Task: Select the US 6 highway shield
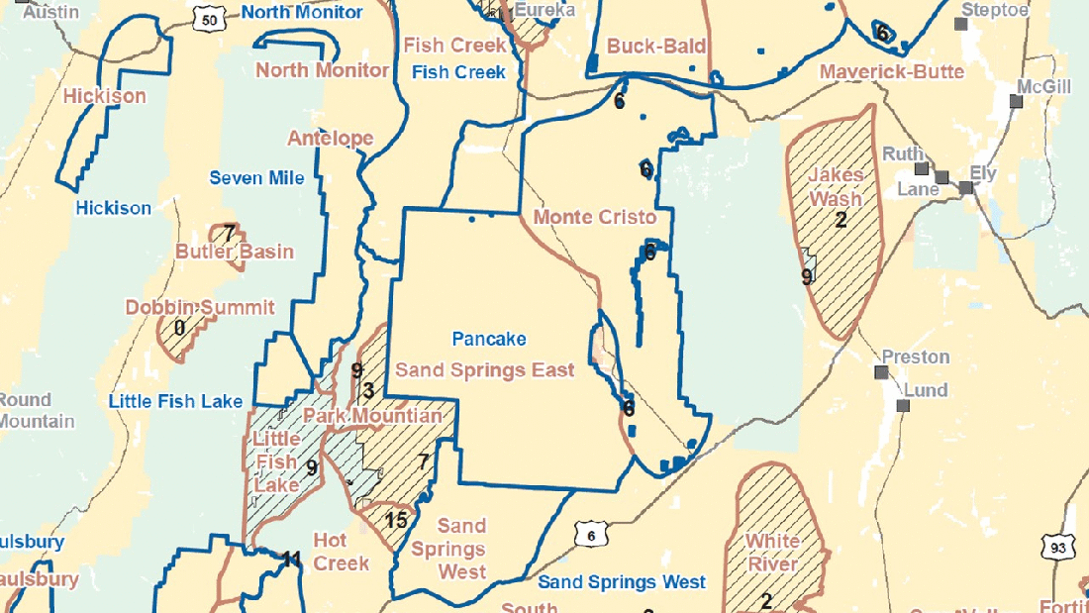(590, 535)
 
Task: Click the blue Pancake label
(488, 339)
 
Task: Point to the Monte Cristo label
(594, 217)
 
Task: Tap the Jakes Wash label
(835, 186)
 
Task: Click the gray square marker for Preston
(881, 372)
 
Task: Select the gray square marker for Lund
(903, 406)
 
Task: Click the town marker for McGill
(1015, 101)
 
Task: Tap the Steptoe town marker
(959, 23)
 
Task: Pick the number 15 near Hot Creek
(396, 519)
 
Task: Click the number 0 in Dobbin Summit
(179, 328)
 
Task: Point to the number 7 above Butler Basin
(229, 234)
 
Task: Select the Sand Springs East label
(485, 370)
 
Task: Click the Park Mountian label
(372, 415)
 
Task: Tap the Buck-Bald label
(643, 47)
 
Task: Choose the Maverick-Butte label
(891, 71)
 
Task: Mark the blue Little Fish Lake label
(175, 401)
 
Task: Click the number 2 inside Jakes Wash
(841, 220)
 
